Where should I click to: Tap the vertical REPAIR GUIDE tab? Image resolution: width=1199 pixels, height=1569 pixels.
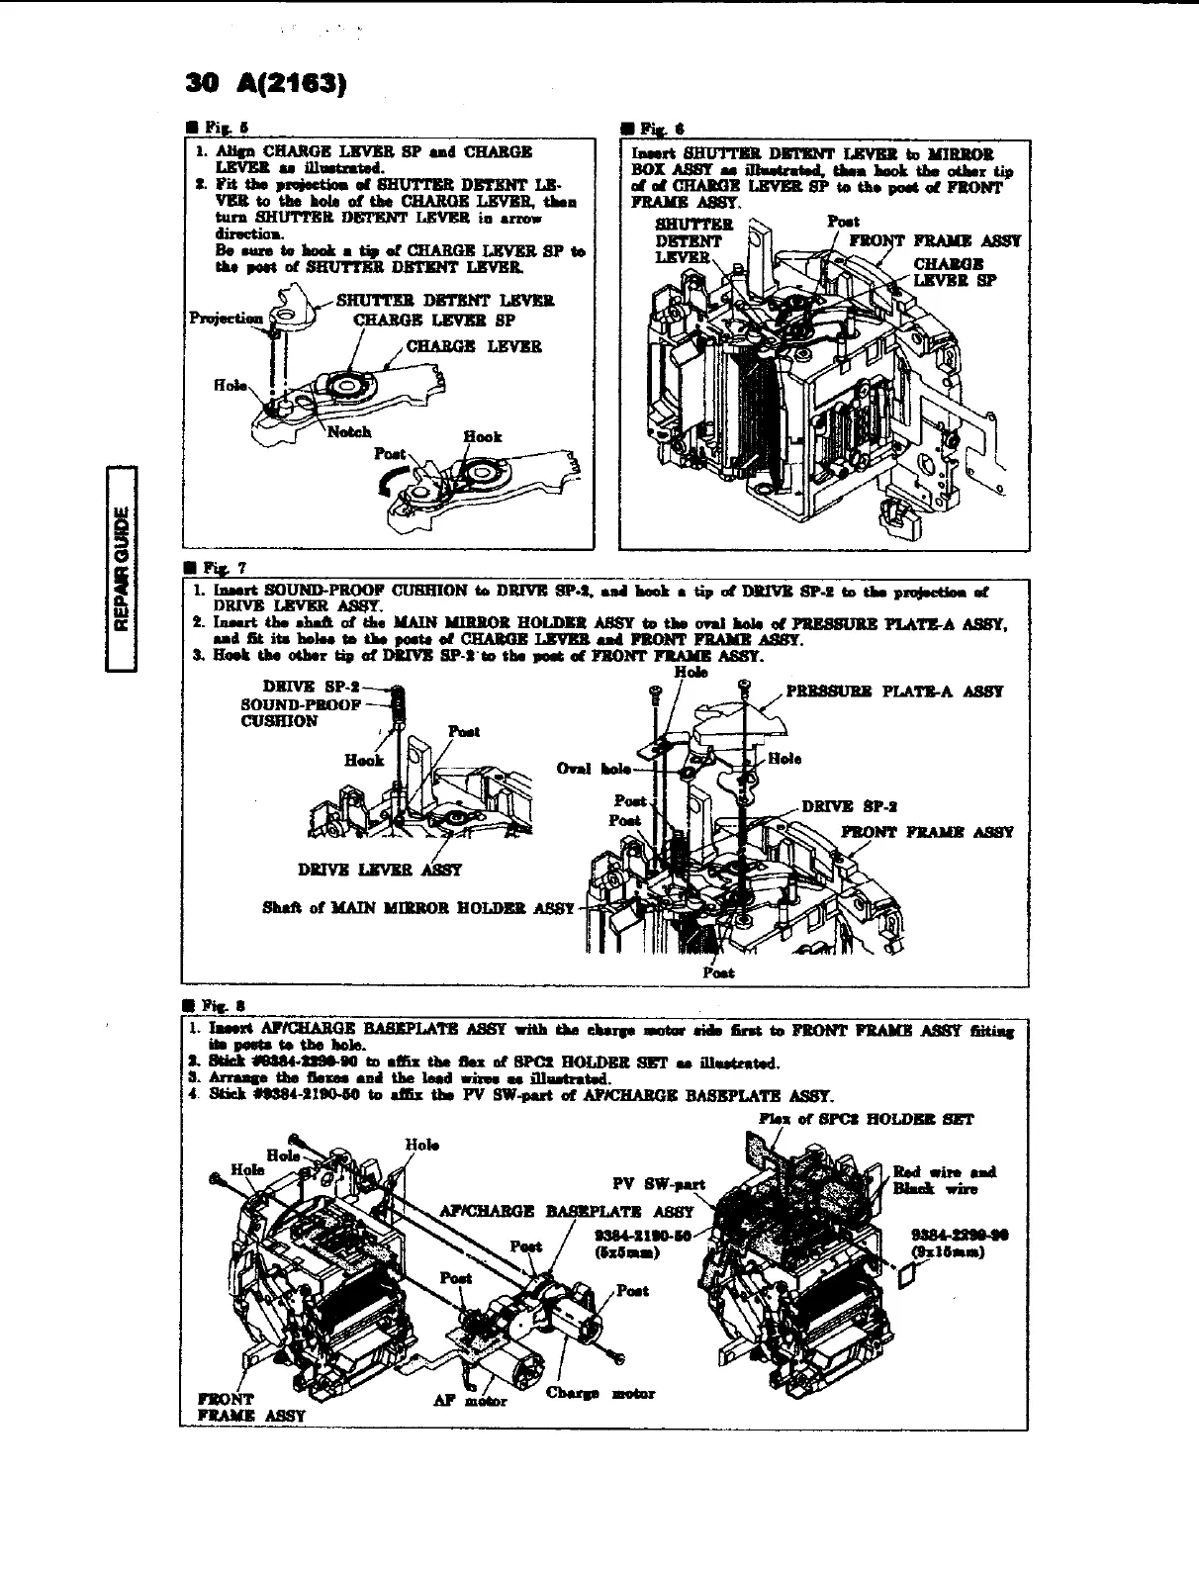click(x=123, y=568)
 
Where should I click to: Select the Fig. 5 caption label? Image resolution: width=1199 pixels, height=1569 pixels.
click(x=209, y=128)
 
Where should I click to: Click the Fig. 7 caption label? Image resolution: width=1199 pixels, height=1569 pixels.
click(x=209, y=567)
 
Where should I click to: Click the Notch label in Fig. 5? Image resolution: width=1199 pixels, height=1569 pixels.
click(x=349, y=431)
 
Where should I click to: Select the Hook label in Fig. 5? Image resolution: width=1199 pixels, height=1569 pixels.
click(x=483, y=436)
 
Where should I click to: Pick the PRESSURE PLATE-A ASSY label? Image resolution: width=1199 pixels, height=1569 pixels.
click(x=895, y=692)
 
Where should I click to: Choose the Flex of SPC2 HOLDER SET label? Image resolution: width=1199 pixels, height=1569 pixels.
click(x=866, y=1119)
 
